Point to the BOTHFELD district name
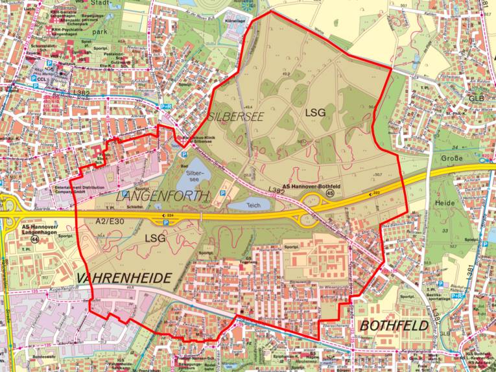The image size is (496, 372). [x=394, y=325]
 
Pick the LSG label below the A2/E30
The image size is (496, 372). [x=156, y=238]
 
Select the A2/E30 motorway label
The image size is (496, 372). [x=108, y=221]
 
